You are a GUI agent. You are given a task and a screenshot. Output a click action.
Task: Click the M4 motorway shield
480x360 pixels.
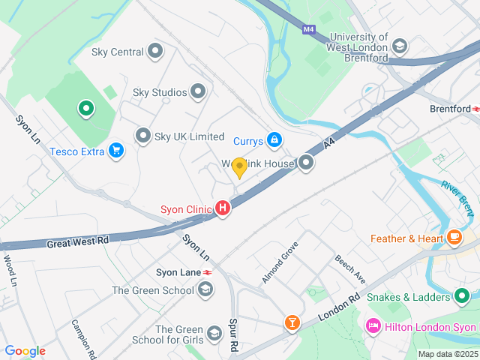309,30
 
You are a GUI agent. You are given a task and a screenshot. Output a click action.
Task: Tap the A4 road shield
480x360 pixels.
328,142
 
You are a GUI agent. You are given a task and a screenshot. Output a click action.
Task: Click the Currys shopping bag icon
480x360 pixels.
275,140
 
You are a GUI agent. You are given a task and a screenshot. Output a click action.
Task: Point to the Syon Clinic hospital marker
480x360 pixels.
222,209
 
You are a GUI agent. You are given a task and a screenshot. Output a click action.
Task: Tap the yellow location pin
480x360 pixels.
239,167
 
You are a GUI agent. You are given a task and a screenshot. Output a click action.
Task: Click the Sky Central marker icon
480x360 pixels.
155,52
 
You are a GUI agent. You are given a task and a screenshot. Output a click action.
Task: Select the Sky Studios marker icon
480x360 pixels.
199,92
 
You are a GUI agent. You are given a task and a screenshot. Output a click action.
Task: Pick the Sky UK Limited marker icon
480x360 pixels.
143,136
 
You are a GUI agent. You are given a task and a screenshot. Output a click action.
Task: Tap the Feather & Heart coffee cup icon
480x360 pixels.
454,238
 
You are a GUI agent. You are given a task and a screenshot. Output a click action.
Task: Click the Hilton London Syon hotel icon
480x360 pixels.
373,327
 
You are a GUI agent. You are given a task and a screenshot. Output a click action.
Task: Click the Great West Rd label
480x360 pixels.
78,242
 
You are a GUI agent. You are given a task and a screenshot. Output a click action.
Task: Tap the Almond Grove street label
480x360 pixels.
280,262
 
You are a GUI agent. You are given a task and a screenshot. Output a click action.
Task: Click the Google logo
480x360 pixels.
25,351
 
